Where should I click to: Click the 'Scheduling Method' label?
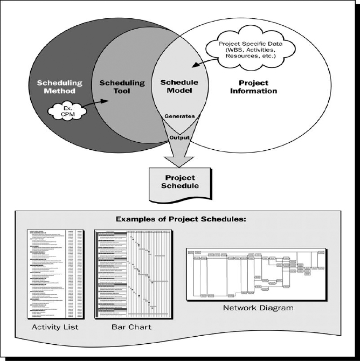click(59, 87)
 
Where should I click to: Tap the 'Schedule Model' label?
click(179, 87)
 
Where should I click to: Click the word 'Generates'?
click(179, 115)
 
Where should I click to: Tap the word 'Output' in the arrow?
click(179, 137)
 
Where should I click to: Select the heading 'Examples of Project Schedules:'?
click(180, 220)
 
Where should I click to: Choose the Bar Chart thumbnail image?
click(133, 274)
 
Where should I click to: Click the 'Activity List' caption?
click(56, 327)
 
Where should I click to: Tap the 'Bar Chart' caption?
click(132, 327)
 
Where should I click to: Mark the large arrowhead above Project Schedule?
click(179, 159)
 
